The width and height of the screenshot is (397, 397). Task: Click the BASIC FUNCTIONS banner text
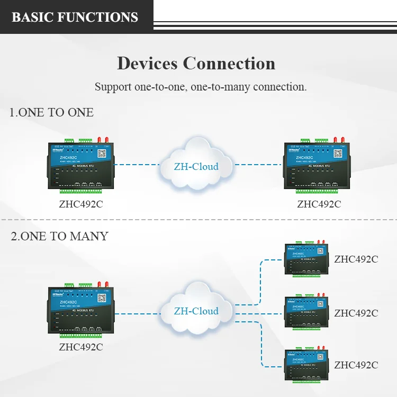coord(75,17)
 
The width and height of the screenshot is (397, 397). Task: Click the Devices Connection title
coord(196,64)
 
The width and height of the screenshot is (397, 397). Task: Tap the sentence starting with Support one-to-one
coord(201,87)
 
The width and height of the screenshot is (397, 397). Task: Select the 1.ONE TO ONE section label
coord(51,112)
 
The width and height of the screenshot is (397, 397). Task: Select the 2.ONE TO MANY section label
coord(59,236)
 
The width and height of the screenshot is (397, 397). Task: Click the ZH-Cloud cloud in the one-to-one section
coord(196,165)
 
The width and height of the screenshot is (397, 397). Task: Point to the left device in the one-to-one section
coord(80,166)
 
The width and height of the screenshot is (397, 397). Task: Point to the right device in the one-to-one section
coord(318,166)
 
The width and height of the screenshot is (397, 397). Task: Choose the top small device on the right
coord(308,259)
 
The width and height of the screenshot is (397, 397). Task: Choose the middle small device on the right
coord(308,312)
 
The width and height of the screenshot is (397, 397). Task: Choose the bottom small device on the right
coord(308,365)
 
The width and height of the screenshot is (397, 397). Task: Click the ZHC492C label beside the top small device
coord(356,259)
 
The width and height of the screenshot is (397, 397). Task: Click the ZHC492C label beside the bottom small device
coord(356,365)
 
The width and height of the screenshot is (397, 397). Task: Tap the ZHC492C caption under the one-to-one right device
coord(319,204)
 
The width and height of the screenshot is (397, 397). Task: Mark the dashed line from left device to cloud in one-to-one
coord(136,165)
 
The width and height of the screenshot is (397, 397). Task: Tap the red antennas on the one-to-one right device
coord(339,140)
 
